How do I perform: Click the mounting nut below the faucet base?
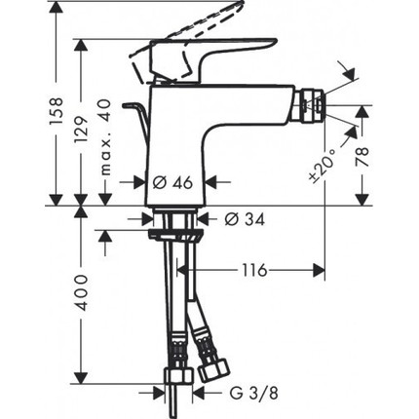tap(175, 230)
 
